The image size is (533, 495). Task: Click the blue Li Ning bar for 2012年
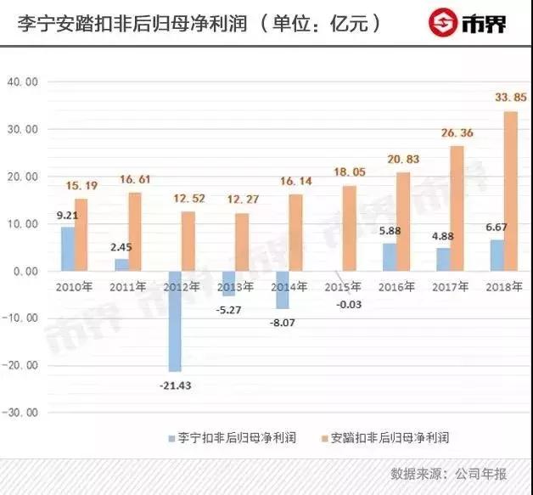tap(173, 321)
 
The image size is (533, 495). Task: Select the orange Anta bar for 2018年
tap(510, 191)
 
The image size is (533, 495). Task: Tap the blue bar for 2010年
tap(67, 249)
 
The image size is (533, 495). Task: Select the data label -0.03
tap(346, 304)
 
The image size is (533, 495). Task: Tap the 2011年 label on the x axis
tap(128, 288)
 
